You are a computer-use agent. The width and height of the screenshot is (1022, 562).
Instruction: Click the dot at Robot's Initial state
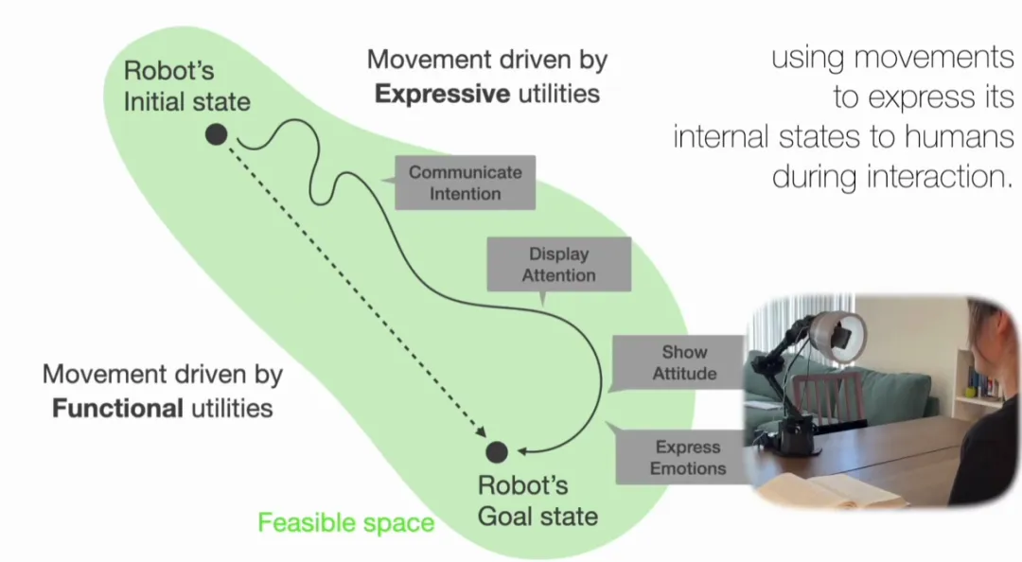(x=216, y=134)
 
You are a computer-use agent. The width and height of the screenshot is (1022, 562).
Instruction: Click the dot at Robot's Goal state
(x=497, y=452)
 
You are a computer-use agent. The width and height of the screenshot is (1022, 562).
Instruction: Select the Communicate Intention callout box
(x=465, y=183)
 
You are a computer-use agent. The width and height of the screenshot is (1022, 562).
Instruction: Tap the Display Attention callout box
(x=558, y=264)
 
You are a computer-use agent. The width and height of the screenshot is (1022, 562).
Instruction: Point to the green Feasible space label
(x=346, y=522)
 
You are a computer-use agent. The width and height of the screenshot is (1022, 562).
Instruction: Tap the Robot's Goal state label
(x=537, y=501)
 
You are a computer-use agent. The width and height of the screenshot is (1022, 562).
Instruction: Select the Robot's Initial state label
(x=186, y=86)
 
